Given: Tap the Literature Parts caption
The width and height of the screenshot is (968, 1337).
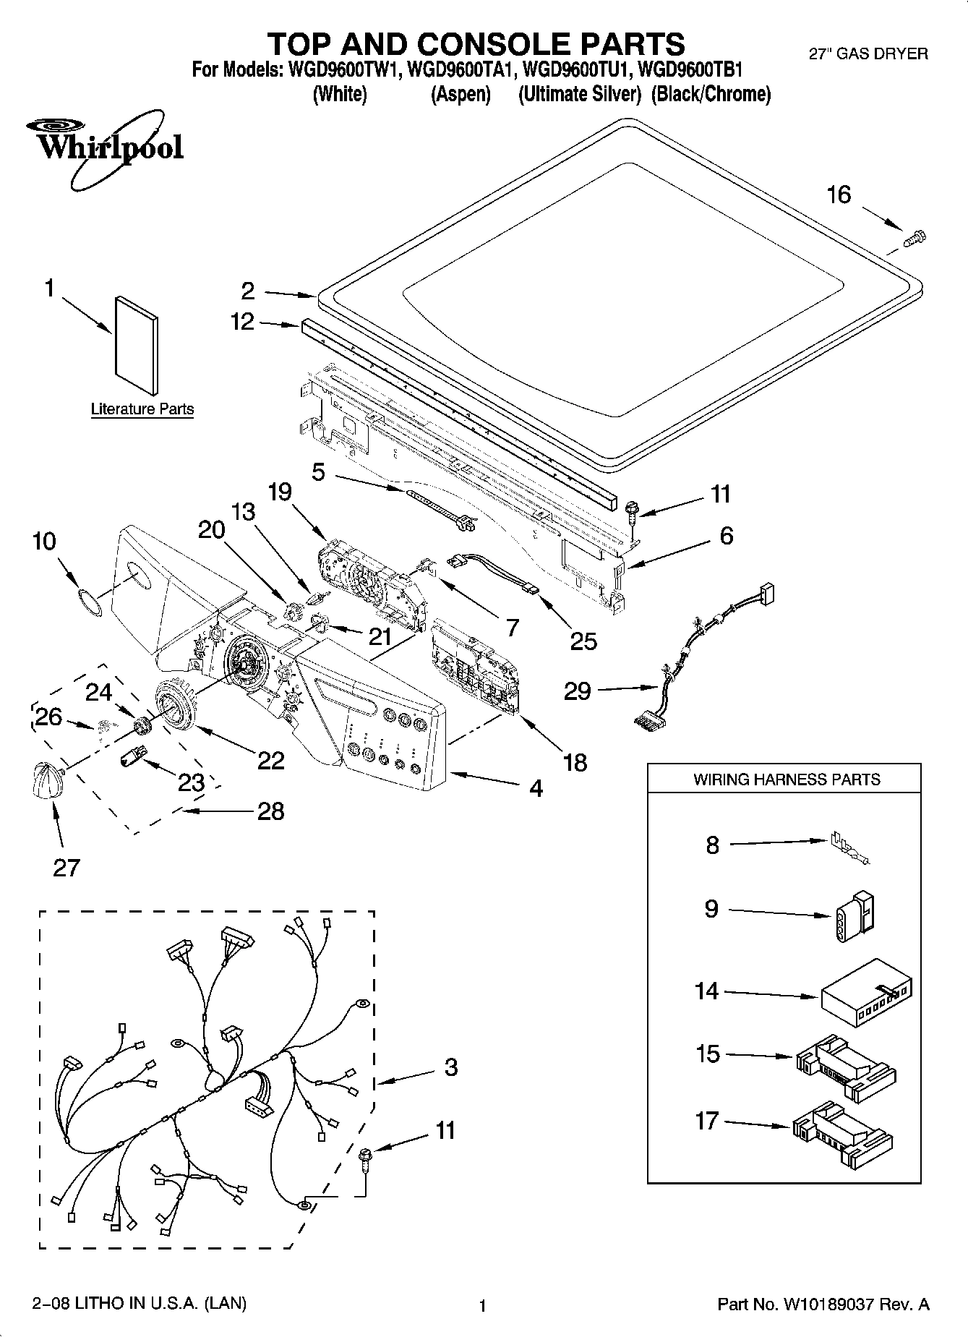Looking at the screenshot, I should [x=142, y=409].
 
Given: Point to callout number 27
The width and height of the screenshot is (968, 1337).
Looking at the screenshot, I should [x=66, y=867].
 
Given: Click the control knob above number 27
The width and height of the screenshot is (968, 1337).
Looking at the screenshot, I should [x=45, y=779].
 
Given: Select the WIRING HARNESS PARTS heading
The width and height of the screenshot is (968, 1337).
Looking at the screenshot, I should [x=787, y=779].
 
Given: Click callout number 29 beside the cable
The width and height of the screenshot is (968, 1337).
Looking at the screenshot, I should [x=578, y=691].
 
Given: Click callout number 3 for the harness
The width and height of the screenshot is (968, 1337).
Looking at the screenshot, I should [x=450, y=1067].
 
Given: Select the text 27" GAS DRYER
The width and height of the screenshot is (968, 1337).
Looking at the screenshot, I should [x=868, y=54].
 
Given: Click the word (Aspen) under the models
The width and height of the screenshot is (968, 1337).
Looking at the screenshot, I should [x=461, y=94].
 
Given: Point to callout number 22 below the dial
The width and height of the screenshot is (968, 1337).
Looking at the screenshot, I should [x=270, y=759].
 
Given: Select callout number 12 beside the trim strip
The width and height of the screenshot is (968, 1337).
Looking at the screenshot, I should [x=243, y=322].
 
